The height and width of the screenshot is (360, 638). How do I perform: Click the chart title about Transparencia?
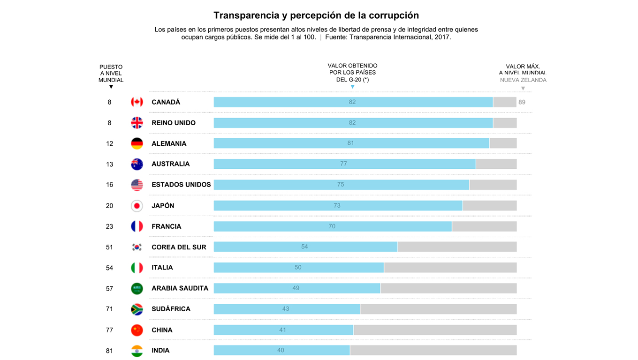[x=316, y=15]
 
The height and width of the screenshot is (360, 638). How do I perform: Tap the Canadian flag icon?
[x=137, y=102]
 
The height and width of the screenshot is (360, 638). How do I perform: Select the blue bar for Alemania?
[x=351, y=143]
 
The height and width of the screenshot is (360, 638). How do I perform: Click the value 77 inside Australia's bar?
[x=343, y=164]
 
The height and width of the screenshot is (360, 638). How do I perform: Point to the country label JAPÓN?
[x=163, y=206]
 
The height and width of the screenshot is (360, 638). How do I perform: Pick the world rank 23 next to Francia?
[x=109, y=226]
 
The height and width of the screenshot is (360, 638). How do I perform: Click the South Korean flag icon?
[x=137, y=247]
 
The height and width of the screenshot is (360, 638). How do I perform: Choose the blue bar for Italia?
[x=299, y=268]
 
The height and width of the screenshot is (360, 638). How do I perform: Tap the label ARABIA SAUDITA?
[x=180, y=288]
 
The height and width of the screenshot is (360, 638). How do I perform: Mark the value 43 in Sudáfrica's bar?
[x=286, y=309]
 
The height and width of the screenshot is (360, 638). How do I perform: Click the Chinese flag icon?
[x=137, y=330]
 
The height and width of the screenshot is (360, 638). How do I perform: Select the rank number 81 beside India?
[x=109, y=351]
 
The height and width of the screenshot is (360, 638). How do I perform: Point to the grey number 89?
[x=522, y=102]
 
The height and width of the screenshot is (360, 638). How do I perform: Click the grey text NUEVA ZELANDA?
[x=523, y=80]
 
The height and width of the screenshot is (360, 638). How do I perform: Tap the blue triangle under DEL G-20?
[x=352, y=87]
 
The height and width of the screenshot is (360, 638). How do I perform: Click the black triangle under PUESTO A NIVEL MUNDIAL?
[x=111, y=87]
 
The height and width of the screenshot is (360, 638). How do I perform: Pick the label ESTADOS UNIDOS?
[x=181, y=185]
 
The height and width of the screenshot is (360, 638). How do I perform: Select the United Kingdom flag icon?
[x=137, y=123]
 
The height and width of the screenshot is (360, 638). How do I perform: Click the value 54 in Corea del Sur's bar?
[x=304, y=247]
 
